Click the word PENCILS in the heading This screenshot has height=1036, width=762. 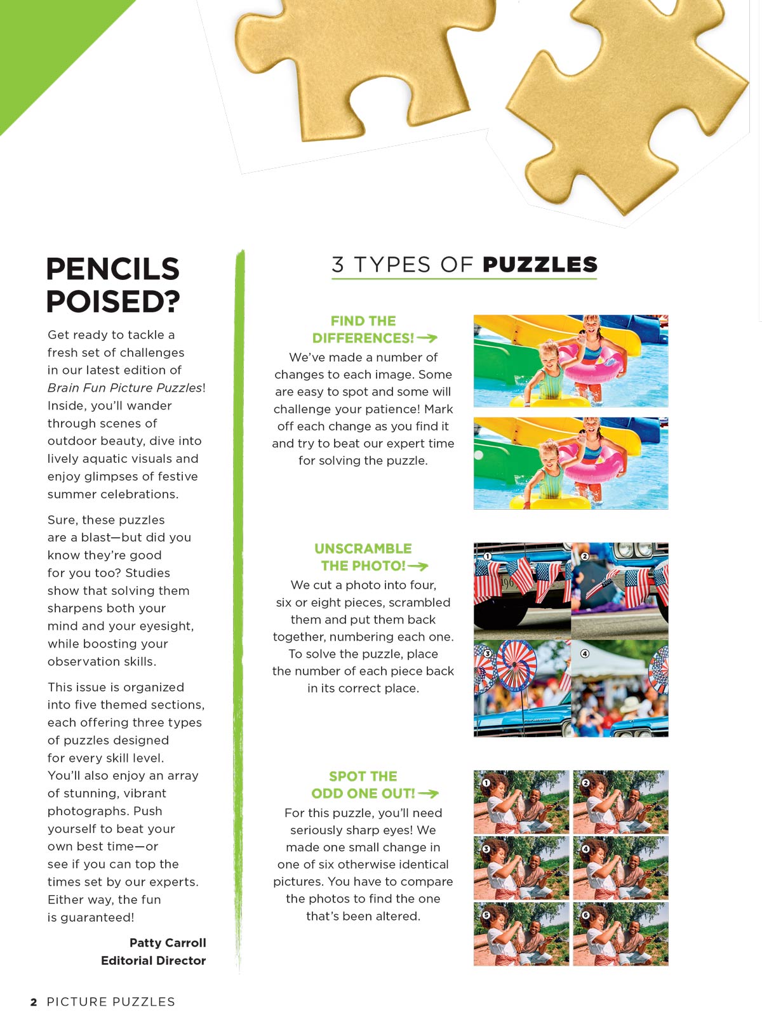(112, 269)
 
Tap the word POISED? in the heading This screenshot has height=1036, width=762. (113, 302)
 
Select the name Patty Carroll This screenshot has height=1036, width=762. (168, 943)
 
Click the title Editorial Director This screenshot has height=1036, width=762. (153, 960)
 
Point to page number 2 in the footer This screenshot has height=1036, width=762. (34, 1002)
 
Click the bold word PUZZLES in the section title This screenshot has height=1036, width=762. (540, 265)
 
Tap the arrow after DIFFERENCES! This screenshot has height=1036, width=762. (427, 338)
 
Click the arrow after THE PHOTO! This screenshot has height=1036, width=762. (418, 566)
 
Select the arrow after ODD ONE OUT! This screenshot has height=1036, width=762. (429, 794)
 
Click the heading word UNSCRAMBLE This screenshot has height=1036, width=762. (363, 548)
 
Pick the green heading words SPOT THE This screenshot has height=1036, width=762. (363, 776)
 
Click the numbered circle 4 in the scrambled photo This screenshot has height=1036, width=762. (585, 653)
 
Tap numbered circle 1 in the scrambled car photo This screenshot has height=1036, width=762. (488, 556)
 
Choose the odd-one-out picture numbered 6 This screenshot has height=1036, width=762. (620, 934)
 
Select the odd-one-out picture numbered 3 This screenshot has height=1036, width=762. (521, 868)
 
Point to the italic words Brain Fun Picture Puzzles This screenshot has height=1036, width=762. (124, 388)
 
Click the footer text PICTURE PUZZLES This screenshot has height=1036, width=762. (110, 1002)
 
